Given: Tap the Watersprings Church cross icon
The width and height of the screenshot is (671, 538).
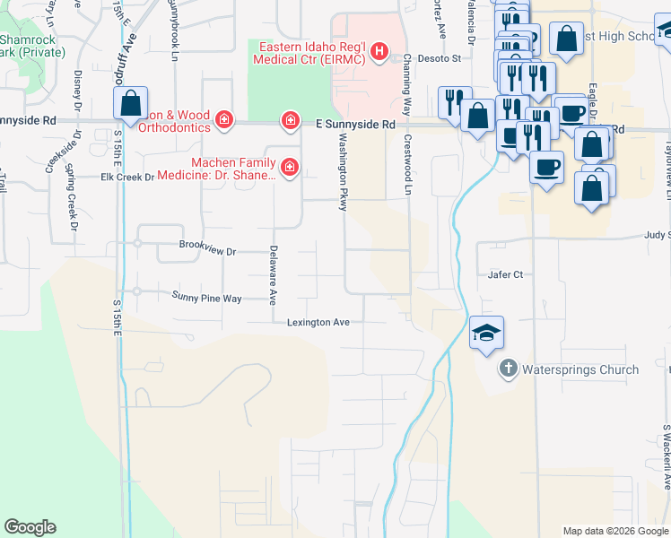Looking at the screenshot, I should coord(508,369).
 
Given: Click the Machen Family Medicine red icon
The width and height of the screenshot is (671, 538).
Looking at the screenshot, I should coord(289,166).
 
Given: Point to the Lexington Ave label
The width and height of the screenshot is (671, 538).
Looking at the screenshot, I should coord(318,323).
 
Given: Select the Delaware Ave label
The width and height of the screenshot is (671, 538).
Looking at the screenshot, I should coord(274,274).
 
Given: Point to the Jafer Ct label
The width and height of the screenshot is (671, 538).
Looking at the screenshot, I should coord(505,274).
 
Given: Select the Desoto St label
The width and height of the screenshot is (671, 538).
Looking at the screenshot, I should coord(442,59).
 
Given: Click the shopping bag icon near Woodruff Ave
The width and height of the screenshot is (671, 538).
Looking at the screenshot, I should coord(131,103).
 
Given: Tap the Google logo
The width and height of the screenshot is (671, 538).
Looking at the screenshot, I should coord(30,527).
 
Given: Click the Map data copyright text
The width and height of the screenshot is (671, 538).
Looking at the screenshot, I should coord(615,531).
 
